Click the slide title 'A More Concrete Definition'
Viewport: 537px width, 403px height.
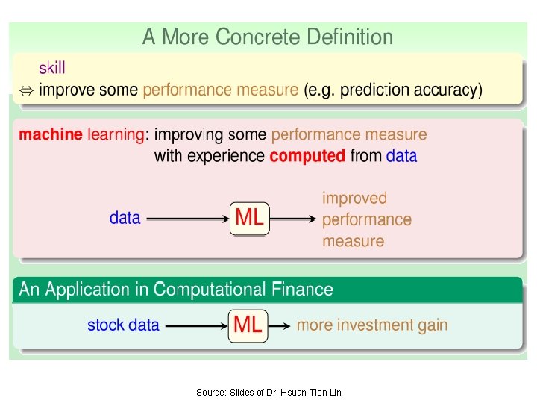(268, 37)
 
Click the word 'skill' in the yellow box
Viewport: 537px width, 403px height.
(52, 68)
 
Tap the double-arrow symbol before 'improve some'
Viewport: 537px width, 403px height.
(25, 91)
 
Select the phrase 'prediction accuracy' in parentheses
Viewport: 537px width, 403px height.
(416, 90)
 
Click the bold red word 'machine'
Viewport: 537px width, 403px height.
(51, 135)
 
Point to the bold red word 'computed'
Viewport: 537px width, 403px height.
(307, 156)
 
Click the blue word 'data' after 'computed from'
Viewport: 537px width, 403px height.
(402, 156)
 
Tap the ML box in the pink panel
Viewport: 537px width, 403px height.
(249, 218)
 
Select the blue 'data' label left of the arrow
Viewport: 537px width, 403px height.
(125, 218)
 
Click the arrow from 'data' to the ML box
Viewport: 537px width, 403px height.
(186, 219)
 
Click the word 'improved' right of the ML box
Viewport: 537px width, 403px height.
(355, 199)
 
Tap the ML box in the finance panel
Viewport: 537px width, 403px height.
(248, 325)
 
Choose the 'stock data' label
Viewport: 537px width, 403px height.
(123, 325)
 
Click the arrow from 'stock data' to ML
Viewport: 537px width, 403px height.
(195, 326)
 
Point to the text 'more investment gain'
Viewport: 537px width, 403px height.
(372, 325)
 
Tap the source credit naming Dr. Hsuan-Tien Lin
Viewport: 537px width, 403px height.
(268, 392)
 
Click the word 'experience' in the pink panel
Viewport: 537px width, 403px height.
(227, 156)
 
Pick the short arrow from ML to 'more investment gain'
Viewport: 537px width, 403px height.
(278, 326)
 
